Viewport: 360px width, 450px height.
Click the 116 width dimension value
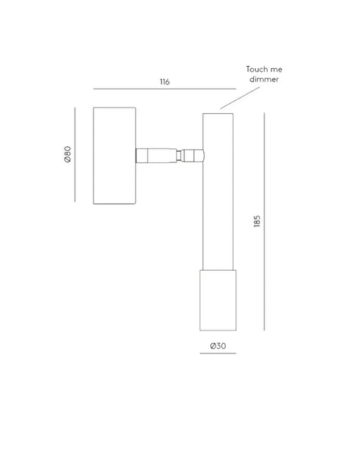165,82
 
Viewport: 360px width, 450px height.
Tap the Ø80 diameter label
67,155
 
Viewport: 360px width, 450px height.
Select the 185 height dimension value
257,221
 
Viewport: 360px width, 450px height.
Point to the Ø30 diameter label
218,346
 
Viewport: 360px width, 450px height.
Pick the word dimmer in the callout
264,79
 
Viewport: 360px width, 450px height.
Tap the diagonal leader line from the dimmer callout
240,98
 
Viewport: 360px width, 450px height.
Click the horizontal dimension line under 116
165,89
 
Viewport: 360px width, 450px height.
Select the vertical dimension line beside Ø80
75,155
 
